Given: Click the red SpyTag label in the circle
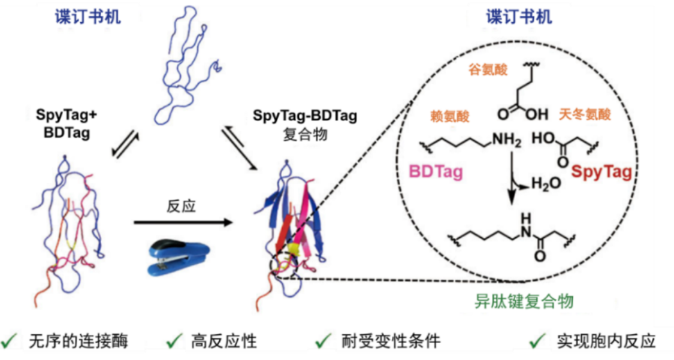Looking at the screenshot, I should [601, 173].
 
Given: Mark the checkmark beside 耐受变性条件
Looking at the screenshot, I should [323, 341].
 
